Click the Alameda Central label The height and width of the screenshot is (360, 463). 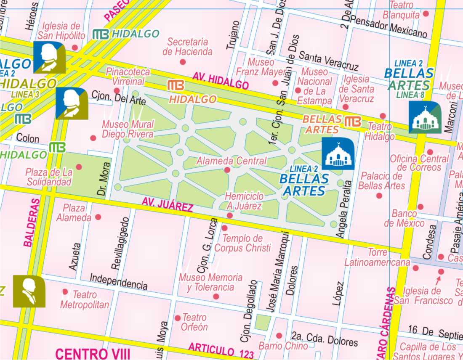tap(231, 161)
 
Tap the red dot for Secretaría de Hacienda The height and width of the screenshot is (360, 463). tap(183, 62)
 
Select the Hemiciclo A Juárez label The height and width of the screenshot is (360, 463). tap(244, 201)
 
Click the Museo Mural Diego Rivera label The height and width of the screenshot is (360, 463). tap(128, 129)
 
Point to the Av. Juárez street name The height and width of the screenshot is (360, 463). tap(167, 204)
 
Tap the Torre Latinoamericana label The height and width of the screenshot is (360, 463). tap(377, 257)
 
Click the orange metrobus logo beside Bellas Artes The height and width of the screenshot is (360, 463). tap(353, 122)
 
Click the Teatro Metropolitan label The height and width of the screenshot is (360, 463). tap(85, 300)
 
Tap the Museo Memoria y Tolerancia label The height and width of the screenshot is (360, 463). tap(210, 282)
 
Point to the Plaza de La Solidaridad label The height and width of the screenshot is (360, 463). tap(49, 177)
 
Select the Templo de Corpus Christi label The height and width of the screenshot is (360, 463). tap(242, 244)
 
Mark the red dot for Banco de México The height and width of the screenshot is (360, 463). tap(420, 207)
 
